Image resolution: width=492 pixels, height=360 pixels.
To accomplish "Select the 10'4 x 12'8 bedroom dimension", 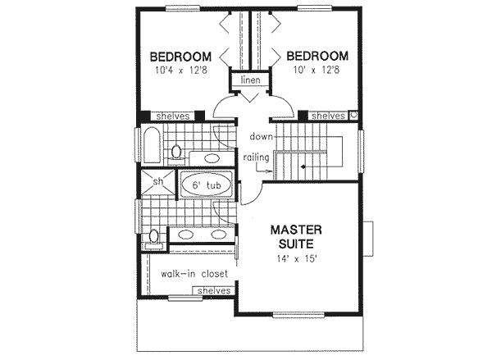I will click(180, 72).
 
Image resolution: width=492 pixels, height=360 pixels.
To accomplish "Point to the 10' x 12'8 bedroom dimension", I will click(317, 72).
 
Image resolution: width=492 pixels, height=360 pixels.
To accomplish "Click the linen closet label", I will click(251, 81).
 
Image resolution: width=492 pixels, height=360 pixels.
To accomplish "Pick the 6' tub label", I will click(207, 186).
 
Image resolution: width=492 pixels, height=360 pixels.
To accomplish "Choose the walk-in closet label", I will click(194, 274).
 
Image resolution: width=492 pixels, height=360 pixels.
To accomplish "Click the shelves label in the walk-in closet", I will click(212, 291).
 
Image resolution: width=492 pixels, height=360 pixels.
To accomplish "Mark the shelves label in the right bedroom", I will click(327, 116).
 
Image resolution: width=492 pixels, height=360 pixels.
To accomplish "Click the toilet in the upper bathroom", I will click(176, 150).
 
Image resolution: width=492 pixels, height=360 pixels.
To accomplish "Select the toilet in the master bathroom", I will click(153, 239).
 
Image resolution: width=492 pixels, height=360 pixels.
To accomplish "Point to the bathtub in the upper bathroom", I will click(151, 144).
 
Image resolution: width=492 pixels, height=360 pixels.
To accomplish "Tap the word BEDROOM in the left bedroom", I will click(180, 57).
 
